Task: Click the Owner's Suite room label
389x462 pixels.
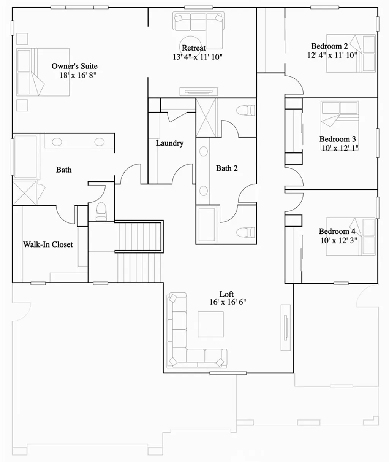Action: click(x=74, y=66)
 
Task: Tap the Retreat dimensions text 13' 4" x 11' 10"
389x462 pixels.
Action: click(x=197, y=57)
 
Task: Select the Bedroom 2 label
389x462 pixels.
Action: click(x=329, y=46)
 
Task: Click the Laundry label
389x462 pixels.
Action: click(x=169, y=143)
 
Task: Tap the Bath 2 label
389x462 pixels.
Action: click(x=227, y=168)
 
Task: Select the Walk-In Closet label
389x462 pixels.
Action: click(x=48, y=244)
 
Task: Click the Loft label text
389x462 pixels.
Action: click(x=227, y=294)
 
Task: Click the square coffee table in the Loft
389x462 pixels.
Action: click(x=211, y=324)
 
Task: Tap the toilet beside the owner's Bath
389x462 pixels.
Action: click(x=101, y=211)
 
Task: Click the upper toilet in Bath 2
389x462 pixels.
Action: click(x=246, y=111)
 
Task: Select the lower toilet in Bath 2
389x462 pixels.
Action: click(x=246, y=232)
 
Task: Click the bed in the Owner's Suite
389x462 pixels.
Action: click(x=43, y=71)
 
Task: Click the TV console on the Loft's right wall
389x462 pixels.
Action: click(x=286, y=327)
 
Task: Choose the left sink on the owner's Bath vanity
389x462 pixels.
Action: click(x=57, y=142)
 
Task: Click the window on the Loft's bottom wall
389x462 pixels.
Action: click(x=223, y=373)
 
